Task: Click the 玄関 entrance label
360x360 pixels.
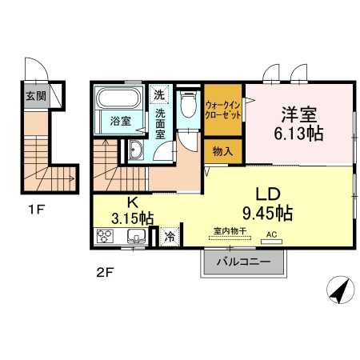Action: (x=35, y=97)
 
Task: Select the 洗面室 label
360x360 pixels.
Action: (x=160, y=124)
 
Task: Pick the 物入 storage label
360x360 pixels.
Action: (x=223, y=150)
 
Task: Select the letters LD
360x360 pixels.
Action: (x=268, y=194)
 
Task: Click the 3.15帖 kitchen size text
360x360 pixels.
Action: (x=131, y=217)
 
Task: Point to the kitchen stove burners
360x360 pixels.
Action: (x=106, y=236)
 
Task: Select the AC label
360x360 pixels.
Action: (x=271, y=234)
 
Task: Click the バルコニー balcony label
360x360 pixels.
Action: (x=240, y=261)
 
